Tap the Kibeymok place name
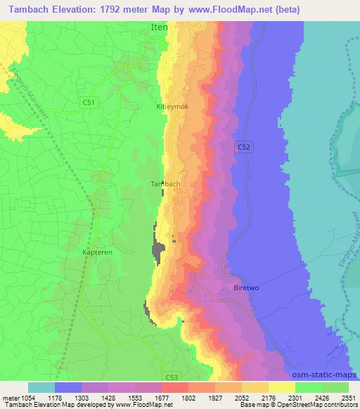[172, 106]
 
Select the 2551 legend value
[346, 397]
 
